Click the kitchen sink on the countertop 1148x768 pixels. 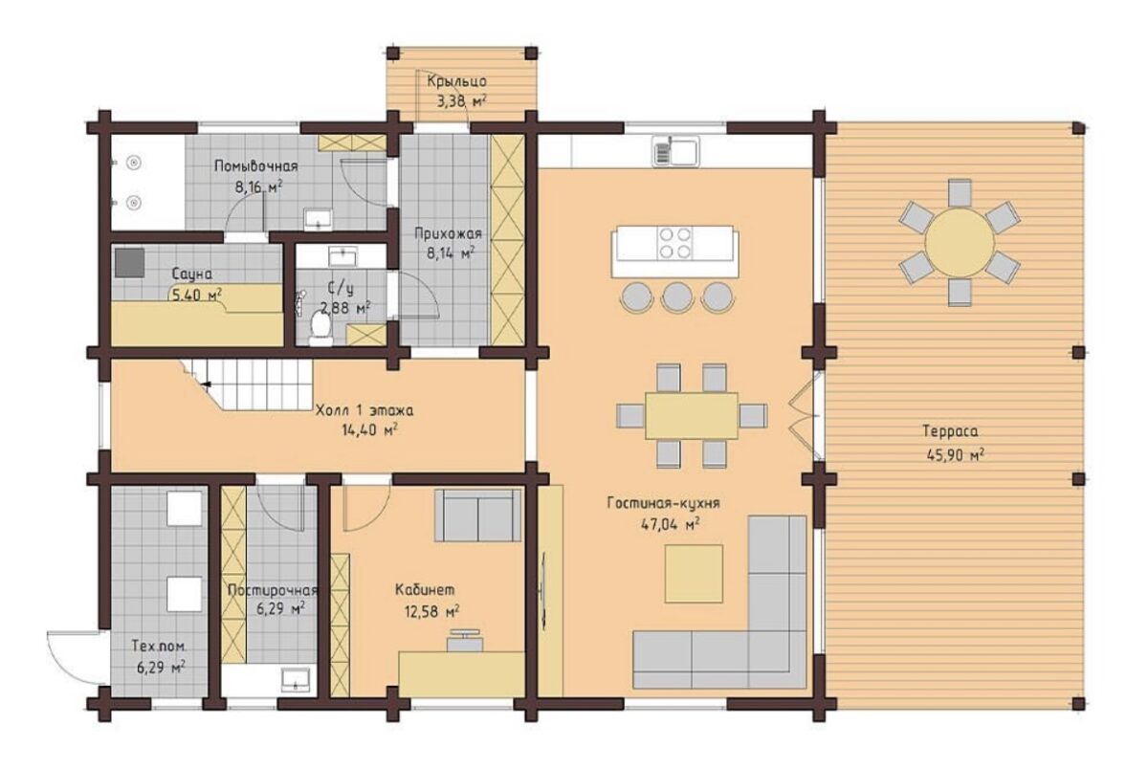point(676,151)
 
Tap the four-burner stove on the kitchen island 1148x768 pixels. point(675,243)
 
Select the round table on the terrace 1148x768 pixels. point(960,242)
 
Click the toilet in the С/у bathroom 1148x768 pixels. point(320,328)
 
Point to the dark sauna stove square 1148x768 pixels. point(129,263)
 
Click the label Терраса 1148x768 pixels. point(950,431)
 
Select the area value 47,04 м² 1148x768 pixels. point(670,524)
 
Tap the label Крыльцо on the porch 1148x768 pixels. point(456,81)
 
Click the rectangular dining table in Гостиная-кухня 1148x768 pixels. point(692,415)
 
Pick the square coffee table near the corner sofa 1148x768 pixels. point(694,573)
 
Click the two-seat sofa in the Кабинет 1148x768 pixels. point(477,515)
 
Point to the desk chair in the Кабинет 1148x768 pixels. point(465,641)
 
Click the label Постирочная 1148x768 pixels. point(273,590)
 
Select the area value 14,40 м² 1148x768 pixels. point(370,429)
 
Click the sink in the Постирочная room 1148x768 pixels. point(296,679)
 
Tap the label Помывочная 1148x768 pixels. point(255,166)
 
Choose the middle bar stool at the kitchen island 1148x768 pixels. point(677,297)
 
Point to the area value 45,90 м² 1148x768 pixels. point(955,454)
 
